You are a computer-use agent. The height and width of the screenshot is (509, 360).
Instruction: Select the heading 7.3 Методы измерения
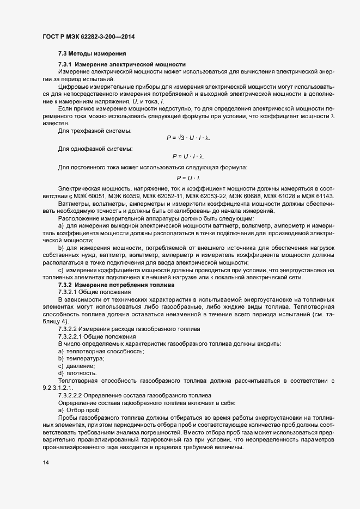92,53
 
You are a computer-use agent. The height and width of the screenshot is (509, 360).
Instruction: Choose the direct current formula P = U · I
188,178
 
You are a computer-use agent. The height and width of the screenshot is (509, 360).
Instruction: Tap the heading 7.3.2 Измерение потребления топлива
116,285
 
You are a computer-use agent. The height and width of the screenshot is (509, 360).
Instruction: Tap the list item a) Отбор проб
78,409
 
